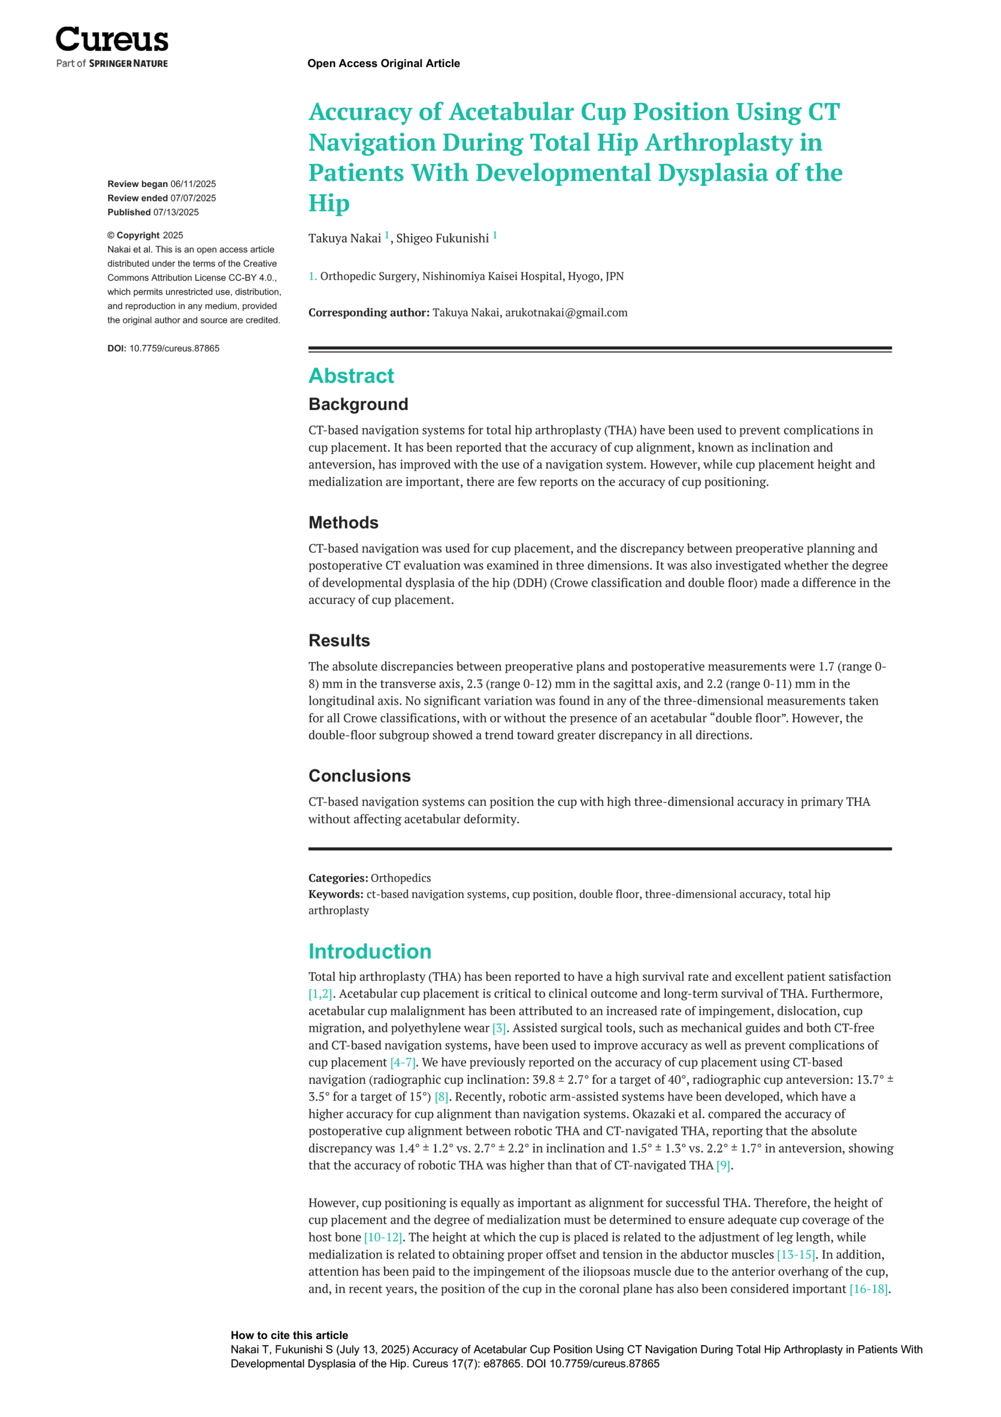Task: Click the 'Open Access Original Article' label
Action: click(383, 64)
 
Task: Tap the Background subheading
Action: click(358, 404)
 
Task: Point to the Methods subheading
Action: click(343, 523)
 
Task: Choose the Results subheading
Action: click(339, 640)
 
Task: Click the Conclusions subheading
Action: click(359, 776)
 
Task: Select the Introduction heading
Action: click(370, 951)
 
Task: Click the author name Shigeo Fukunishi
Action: click(442, 239)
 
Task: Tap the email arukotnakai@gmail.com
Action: click(566, 313)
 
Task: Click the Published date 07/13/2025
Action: click(176, 213)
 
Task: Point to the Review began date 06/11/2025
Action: click(193, 184)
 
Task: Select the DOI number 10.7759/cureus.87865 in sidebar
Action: click(174, 349)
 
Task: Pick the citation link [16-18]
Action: click(868, 1289)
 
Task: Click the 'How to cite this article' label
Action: click(289, 1336)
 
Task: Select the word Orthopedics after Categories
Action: click(401, 878)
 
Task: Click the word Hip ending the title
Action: click(329, 204)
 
